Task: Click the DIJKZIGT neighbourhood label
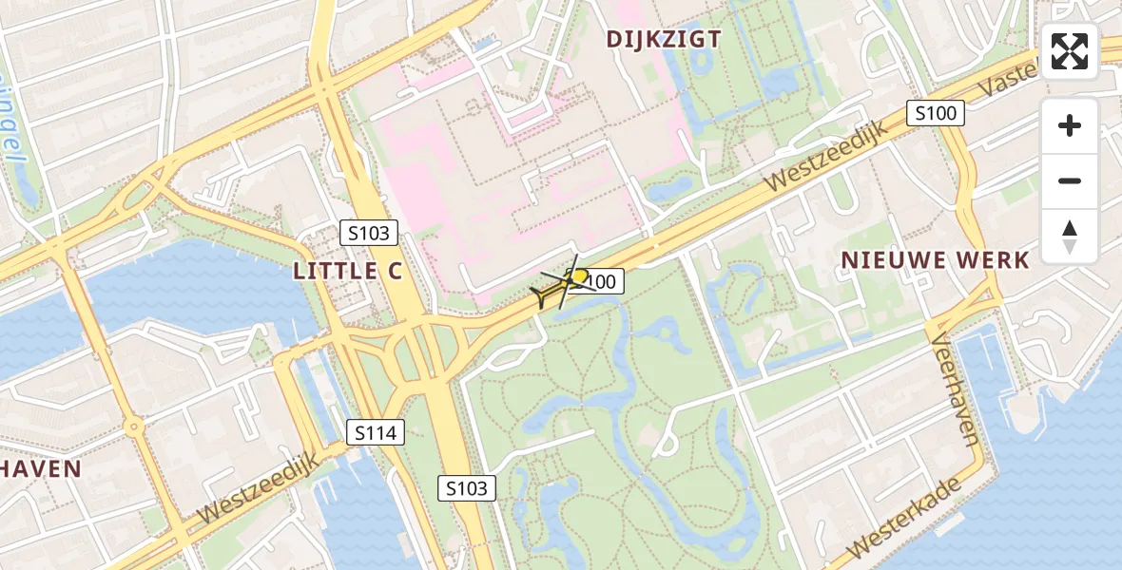click(665, 39)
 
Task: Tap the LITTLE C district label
click(348, 271)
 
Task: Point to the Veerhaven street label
click(956, 389)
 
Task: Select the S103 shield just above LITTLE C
click(369, 233)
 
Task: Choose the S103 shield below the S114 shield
click(468, 488)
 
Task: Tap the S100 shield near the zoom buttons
click(935, 114)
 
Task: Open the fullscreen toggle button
click(1070, 51)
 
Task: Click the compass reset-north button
click(1070, 237)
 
